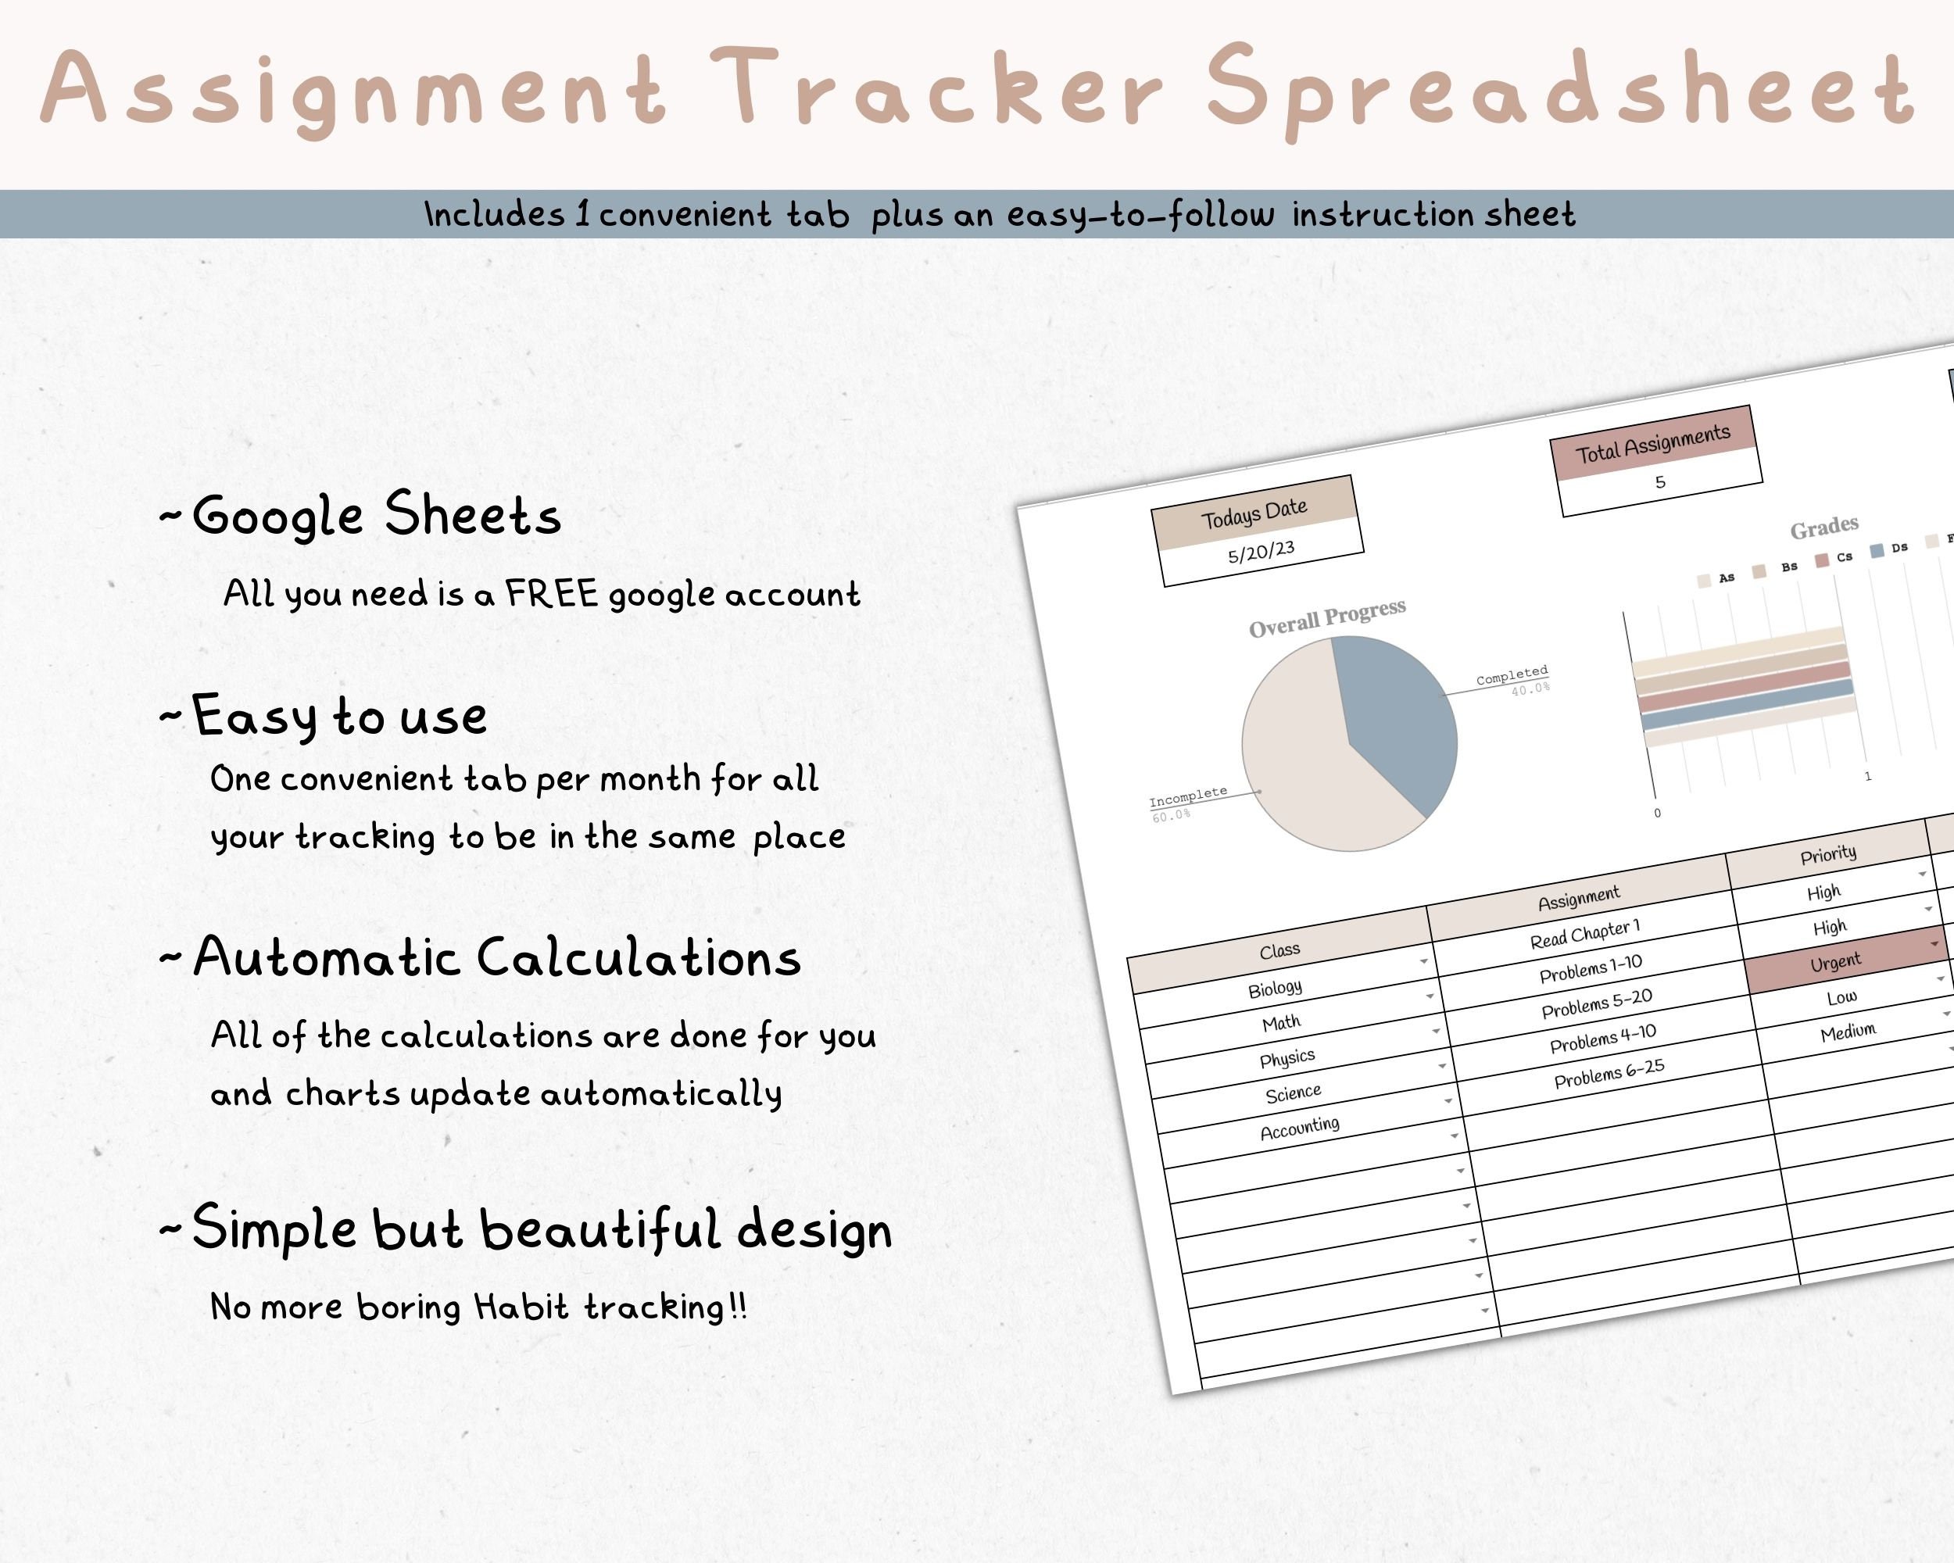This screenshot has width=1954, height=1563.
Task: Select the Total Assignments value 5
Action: pyautogui.click(x=1659, y=482)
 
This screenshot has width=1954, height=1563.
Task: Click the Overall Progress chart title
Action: pyautogui.click(x=1327, y=618)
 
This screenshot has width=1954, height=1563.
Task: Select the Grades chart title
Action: pyautogui.click(x=1823, y=528)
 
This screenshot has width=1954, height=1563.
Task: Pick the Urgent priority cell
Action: pyautogui.click(x=1835, y=962)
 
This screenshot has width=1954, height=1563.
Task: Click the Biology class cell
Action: pyautogui.click(x=1274, y=989)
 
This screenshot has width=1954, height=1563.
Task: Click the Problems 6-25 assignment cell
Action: pyautogui.click(x=1609, y=1074)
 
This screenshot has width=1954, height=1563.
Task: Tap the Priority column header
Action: pyautogui.click(x=1827, y=854)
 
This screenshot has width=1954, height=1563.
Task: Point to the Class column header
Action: pyautogui.click(x=1279, y=950)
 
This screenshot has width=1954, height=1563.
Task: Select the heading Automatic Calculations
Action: pyautogui.click(x=496, y=957)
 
